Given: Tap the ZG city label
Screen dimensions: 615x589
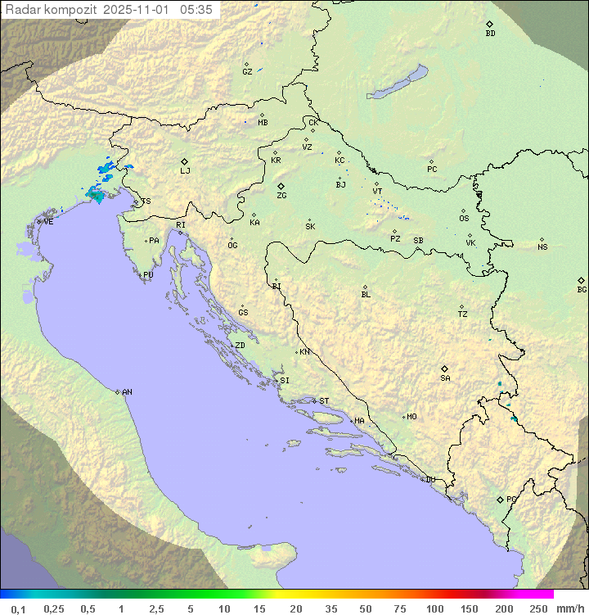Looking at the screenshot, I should [281, 196].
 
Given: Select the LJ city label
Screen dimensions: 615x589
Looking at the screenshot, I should [185, 170].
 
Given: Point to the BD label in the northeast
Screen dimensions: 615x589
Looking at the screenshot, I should [490, 34].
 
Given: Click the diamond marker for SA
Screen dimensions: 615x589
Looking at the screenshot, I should [445, 369].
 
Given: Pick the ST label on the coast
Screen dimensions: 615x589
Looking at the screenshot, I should [324, 401].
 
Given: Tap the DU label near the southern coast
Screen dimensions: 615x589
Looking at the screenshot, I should [429, 480].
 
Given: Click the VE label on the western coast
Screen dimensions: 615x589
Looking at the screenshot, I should [48, 222].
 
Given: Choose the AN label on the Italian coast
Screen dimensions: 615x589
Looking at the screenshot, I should [127, 392].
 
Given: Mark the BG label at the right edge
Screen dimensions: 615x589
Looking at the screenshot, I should [582, 289].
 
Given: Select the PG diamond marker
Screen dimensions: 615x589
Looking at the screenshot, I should [500, 499].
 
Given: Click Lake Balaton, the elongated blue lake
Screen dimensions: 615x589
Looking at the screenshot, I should [397, 83].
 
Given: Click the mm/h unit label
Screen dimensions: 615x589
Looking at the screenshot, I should [569, 608].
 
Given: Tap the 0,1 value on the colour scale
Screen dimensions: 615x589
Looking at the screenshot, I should [18, 608].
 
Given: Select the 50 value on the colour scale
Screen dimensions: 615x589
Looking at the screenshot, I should [365, 608].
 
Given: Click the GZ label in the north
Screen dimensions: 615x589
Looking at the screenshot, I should [247, 71].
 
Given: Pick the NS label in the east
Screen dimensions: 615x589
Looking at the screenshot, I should [542, 246].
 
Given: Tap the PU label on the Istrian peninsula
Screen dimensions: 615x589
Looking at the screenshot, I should [148, 275].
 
